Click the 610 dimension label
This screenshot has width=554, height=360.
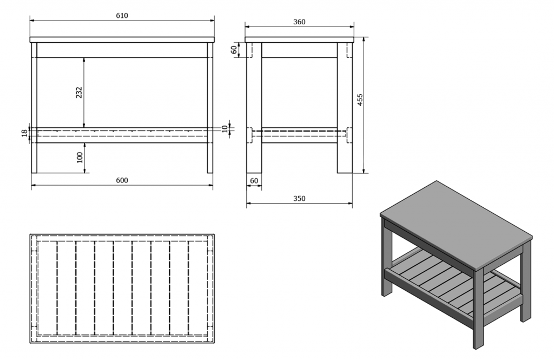coord(122,16)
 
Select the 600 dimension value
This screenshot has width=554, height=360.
coord(122,180)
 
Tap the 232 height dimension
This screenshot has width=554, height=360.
coord(79,92)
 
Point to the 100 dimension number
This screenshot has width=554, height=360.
coord(80,158)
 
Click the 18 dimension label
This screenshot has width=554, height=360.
coord(24,133)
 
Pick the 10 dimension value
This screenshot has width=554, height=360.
coord(225,128)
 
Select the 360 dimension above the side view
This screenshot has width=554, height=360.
coord(299,22)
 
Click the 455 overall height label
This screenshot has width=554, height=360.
coord(360,100)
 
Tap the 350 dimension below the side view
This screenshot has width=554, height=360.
coord(299,199)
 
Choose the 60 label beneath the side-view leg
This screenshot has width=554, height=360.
coord(254,181)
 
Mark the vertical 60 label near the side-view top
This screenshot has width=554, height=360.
coord(234,50)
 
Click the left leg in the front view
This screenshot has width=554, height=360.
coord(34,108)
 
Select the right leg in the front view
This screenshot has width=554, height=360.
coord(210,108)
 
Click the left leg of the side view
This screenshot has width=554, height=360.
coord(254,108)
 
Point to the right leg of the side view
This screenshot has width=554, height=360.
coord(345,108)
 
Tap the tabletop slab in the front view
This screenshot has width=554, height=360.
coord(122,40)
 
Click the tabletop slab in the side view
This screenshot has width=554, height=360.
coord(300,40)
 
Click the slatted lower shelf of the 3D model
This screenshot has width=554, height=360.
coord(456,283)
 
